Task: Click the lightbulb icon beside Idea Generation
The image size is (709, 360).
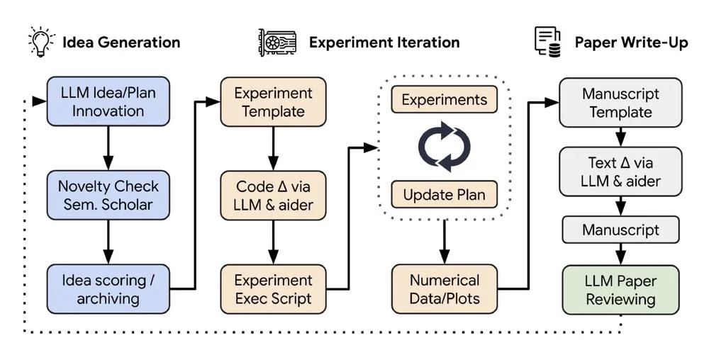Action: click(42, 42)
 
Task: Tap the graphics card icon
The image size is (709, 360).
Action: click(277, 43)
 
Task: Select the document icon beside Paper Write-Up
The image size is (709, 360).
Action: click(547, 42)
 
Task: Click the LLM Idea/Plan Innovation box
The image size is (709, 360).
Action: click(108, 101)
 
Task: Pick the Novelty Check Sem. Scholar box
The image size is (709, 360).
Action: click(108, 195)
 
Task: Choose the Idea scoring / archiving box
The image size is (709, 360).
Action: click(108, 289)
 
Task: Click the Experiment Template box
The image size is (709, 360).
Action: click(273, 101)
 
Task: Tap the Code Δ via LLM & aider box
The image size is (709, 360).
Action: click(273, 196)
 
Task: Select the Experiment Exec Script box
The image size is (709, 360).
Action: click(273, 289)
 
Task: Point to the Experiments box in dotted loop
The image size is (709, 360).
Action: click(444, 99)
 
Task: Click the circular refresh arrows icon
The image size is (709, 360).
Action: click(444, 147)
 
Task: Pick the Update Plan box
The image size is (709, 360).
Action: click(444, 195)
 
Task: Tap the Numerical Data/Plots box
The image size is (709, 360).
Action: click(445, 289)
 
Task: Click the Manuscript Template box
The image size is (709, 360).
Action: click(620, 103)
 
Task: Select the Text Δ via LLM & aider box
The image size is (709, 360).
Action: click(620, 171)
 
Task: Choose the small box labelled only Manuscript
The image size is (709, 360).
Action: click(620, 230)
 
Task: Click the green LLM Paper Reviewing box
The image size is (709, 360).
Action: click(620, 290)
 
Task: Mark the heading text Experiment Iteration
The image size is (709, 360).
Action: click(384, 42)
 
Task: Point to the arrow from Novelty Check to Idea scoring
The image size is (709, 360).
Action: click(108, 242)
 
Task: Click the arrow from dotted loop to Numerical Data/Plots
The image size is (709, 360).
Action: click(444, 242)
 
